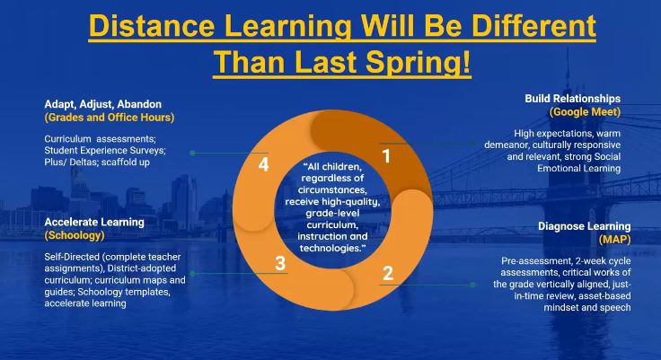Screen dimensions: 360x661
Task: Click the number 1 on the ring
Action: [x=387, y=156]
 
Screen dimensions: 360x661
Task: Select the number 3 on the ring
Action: [x=280, y=263]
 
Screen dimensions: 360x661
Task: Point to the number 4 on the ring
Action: [x=263, y=165]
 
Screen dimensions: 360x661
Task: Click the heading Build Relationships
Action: [x=573, y=98]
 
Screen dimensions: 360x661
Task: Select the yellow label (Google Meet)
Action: [x=585, y=112]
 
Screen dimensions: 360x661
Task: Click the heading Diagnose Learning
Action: [x=584, y=226]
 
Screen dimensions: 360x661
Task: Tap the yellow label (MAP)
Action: [x=614, y=240]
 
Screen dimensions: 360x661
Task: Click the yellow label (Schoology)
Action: [x=75, y=235]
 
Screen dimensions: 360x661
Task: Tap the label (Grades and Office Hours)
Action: [x=109, y=117]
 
